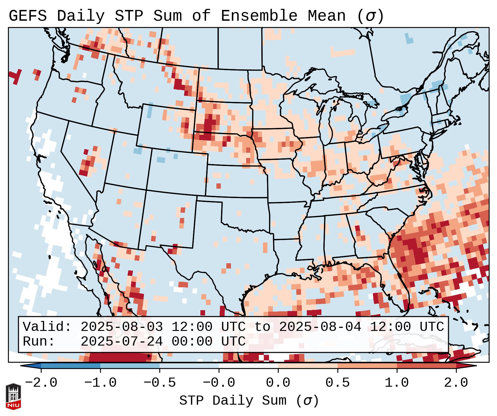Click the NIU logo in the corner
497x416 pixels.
pos(13,396)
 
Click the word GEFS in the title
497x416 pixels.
pos(28,16)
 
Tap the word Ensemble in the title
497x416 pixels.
pos(259,16)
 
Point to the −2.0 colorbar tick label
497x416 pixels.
pos(41,383)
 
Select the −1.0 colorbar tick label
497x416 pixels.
pos(100,383)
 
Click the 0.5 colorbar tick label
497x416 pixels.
pos(337,383)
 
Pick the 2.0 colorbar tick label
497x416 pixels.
pos(456,383)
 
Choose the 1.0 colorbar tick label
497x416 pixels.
pos(397,383)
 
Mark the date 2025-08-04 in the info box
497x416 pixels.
pos(320,327)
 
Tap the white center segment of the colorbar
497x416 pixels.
pos(248,366)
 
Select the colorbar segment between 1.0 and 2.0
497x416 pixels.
pos(426,366)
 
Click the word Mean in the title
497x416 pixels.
pos(326,16)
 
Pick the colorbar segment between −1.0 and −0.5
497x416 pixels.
pos(130,366)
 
